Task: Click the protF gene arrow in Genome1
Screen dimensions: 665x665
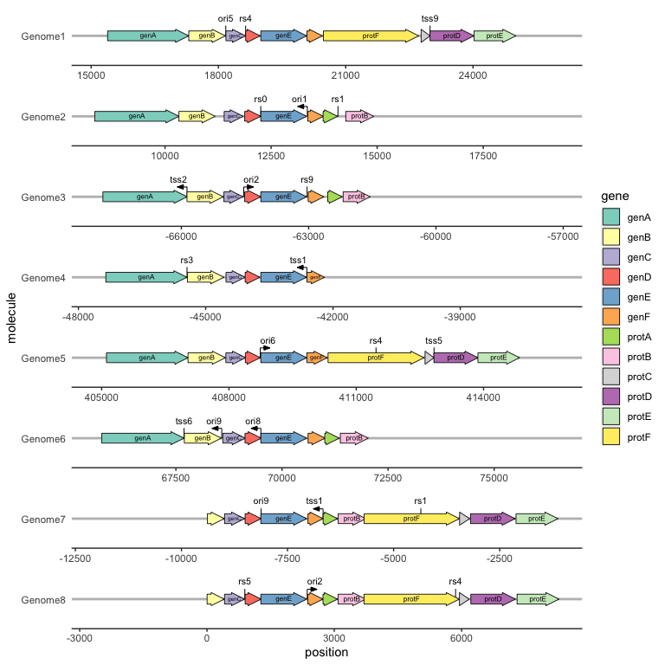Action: pos(371,36)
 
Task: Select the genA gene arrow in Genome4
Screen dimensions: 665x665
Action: pos(145,277)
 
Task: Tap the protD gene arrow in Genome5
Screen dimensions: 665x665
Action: pos(455,358)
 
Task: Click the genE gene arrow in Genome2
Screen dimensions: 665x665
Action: pos(282,116)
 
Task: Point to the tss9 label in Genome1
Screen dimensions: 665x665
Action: pos(429,18)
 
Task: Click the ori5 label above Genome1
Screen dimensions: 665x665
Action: pos(225,18)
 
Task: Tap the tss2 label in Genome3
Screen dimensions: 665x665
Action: pos(178,179)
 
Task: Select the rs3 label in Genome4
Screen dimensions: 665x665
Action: pos(187,260)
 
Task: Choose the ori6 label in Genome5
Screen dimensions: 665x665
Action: pos(268,340)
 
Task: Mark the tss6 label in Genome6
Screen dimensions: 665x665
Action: pos(184,421)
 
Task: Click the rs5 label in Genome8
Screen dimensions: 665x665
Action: pos(244,582)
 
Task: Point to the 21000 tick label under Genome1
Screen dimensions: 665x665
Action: pos(345,76)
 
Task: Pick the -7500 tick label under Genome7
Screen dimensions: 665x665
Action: pos(287,559)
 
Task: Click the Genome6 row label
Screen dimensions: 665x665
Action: pos(42,439)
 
